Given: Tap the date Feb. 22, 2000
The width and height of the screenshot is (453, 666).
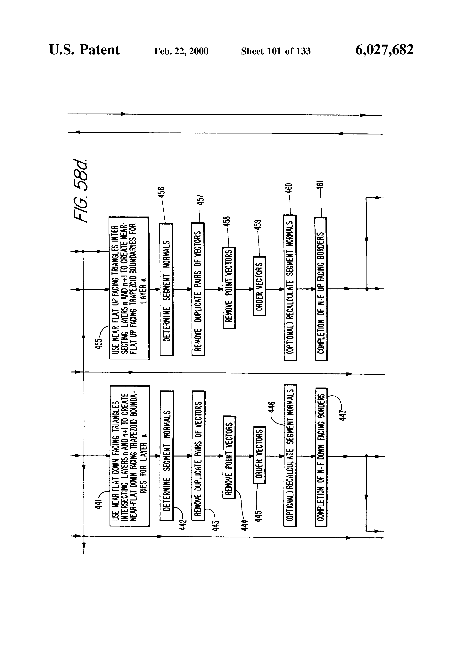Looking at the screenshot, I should click(x=181, y=51).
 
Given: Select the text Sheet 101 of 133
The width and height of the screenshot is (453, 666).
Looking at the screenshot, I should click(x=276, y=51).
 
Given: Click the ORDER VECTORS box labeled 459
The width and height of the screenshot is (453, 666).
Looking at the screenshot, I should click(x=259, y=286).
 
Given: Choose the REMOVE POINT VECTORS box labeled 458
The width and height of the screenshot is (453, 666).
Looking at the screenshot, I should click(x=229, y=287).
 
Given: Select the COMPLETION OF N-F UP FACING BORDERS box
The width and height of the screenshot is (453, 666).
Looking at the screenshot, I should click(x=321, y=289).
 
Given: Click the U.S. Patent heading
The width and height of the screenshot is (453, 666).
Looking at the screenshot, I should click(x=85, y=50).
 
